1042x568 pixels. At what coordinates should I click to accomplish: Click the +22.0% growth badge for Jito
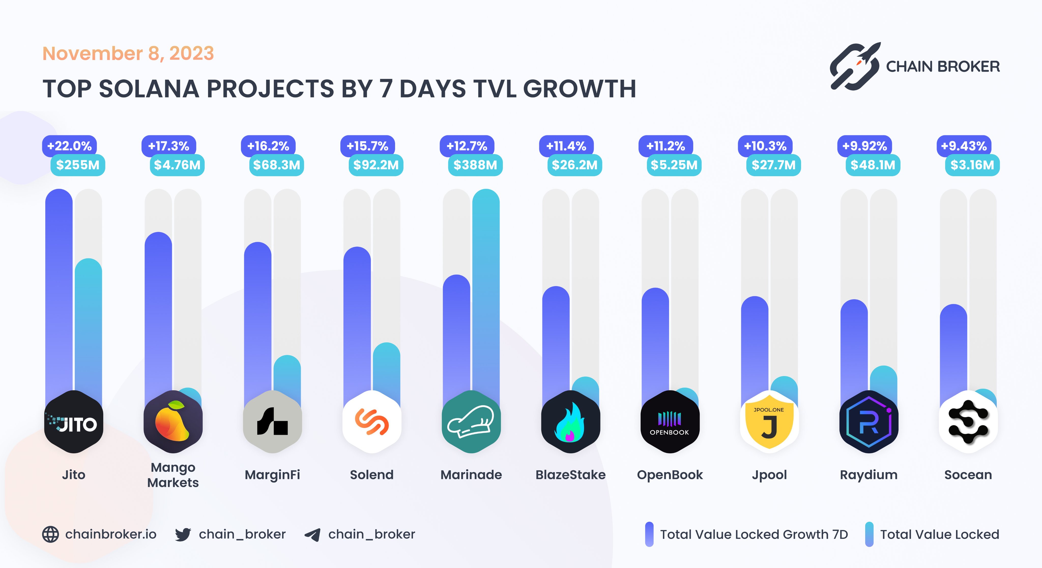point(69,146)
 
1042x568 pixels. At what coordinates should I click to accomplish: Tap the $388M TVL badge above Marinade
point(475,165)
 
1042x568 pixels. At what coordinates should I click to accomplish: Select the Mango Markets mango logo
point(173,422)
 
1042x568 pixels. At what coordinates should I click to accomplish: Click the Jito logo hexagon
point(74,422)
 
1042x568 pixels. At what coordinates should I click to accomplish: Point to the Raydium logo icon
point(869,422)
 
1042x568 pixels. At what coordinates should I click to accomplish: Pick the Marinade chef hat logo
point(471,422)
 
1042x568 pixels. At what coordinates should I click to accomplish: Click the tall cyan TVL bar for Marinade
point(486,283)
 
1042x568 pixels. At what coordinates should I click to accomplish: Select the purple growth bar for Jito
point(59,283)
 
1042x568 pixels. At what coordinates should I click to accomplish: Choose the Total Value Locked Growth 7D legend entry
point(746,534)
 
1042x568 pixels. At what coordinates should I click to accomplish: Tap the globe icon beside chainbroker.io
point(51,534)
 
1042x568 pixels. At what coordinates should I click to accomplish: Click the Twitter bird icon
point(183,534)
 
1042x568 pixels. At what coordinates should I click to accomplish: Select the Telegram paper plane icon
point(313,534)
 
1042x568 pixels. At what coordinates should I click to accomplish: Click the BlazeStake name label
point(570,475)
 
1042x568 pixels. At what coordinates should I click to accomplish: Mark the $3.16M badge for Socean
point(972,165)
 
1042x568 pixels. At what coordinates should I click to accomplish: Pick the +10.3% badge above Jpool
point(765,146)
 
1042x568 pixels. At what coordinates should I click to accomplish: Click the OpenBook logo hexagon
point(670,422)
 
